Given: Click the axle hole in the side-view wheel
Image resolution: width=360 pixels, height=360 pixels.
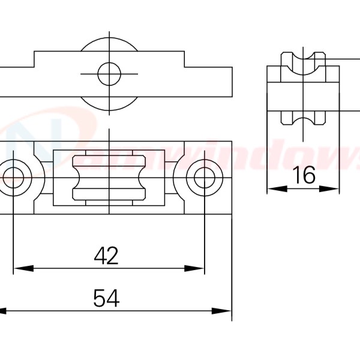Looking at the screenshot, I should (x=109, y=74).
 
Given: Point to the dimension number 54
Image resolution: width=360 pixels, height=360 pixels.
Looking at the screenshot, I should (x=106, y=298).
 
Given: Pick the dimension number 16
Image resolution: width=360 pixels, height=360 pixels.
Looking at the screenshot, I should (x=304, y=176).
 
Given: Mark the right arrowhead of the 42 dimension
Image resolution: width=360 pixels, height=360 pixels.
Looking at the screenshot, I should (x=197, y=268).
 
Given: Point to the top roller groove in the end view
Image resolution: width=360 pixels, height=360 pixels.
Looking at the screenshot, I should (x=304, y=66).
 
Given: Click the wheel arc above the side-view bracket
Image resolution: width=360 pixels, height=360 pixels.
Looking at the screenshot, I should (x=109, y=45).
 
